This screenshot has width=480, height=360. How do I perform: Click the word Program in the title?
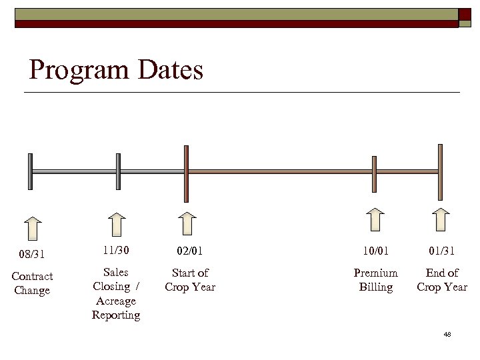point(79,70)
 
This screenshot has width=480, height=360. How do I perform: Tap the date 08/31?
point(32,253)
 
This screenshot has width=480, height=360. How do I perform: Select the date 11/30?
point(116,250)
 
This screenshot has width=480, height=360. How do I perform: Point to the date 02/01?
point(190,251)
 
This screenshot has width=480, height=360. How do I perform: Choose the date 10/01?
point(375,251)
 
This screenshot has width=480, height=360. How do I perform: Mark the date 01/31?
point(441,251)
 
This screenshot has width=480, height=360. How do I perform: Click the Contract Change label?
point(32,283)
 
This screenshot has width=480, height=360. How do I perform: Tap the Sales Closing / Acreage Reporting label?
point(116,293)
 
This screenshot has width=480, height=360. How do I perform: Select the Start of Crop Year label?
point(190,280)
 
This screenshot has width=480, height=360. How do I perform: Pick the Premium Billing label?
point(375,280)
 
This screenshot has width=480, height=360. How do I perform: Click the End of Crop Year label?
point(441,280)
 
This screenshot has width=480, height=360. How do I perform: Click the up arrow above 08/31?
point(32,227)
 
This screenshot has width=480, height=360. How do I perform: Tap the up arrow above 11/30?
point(117,225)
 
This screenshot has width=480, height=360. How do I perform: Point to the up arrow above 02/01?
point(188,224)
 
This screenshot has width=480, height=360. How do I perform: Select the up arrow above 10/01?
point(375,219)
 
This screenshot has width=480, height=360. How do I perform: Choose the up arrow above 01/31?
point(440,219)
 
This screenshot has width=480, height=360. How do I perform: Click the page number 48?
point(447,334)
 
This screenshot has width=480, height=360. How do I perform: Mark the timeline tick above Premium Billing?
point(374,174)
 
